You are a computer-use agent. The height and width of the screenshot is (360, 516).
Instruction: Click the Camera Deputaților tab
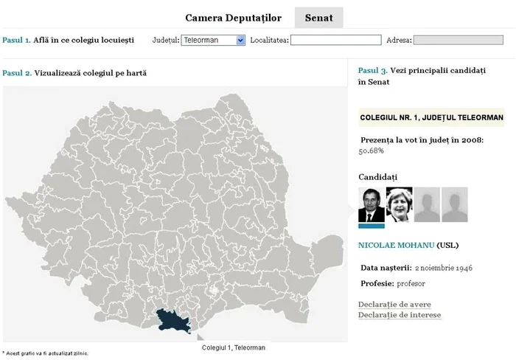(x=233, y=17)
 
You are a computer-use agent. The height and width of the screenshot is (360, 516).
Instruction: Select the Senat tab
(x=318, y=17)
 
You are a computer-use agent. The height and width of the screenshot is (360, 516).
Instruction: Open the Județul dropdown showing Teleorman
(x=213, y=40)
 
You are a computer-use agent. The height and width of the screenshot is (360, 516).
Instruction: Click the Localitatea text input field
(x=335, y=40)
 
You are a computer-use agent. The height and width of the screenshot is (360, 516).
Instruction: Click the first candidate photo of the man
(x=371, y=204)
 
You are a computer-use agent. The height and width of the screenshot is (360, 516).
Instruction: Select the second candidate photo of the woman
(x=399, y=204)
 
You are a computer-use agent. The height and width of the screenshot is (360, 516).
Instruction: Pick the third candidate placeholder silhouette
(x=427, y=204)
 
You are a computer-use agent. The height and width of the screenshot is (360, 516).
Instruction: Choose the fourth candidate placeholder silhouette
(x=454, y=204)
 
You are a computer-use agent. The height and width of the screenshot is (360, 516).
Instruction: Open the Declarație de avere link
(x=394, y=305)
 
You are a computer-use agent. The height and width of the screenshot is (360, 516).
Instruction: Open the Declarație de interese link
(x=400, y=315)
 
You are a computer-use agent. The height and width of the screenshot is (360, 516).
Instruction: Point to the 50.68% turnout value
(x=372, y=150)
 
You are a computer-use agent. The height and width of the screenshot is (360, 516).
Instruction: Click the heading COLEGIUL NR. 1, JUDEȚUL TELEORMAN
(x=431, y=117)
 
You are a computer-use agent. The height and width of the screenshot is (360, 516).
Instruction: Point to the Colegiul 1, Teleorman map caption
(x=233, y=347)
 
